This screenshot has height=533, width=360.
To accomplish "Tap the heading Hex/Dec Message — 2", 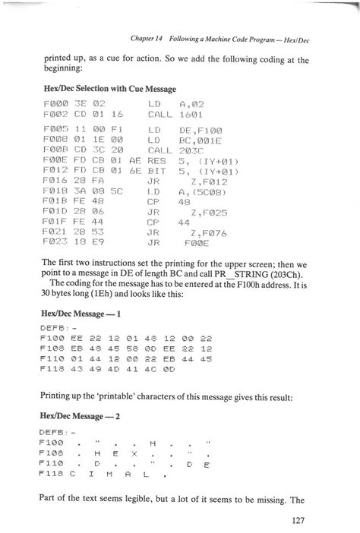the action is tap(78, 416).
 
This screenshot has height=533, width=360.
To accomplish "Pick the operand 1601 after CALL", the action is tap(191, 115).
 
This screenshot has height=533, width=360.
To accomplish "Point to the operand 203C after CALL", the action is tap(191, 150).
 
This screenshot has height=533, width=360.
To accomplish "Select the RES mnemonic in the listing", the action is tap(156, 162).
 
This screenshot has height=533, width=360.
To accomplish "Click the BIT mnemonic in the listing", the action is tap(156, 172).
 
